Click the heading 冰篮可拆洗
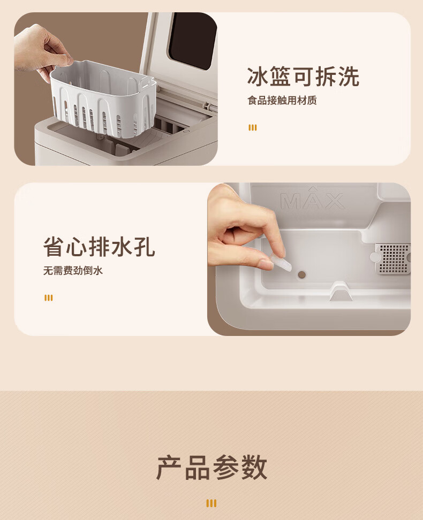click(x=303, y=77)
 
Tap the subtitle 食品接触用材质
click(x=282, y=100)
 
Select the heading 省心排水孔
click(x=99, y=247)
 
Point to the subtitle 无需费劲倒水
click(x=73, y=270)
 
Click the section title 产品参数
click(x=211, y=468)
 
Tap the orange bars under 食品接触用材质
click(x=253, y=128)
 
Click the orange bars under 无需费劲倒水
click(x=49, y=298)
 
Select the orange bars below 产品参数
click(x=211, y=503)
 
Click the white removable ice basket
click(x=103, y=99)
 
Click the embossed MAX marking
click(x=313, y=200)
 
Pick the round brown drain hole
click(x=302, y=274)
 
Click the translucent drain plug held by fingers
click(x=281, y=262)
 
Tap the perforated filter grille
click(x=393, y=259)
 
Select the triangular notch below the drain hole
click(x=341, y=292)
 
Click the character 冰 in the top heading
click(x=258, y=77)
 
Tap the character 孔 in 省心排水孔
click(x=145, y=247)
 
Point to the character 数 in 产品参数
click(x=254, y=468)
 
